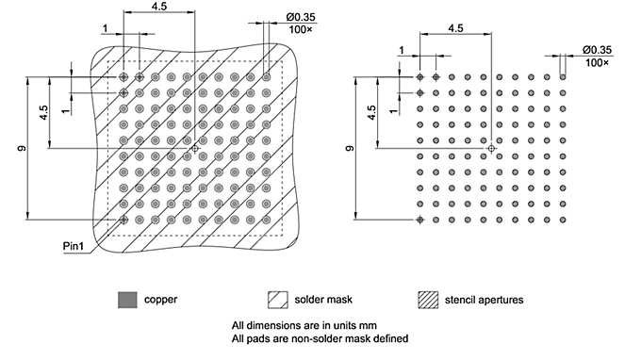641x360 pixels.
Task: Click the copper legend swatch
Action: [125, 300]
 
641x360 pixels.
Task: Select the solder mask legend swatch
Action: [276, 300]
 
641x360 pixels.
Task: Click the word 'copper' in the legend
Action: [158, 300]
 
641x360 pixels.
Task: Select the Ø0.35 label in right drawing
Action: [597, 49]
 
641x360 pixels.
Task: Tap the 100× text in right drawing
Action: [597, 62]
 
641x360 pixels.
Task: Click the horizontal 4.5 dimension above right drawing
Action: [454, 28]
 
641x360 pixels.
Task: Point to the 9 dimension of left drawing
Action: [21, 148]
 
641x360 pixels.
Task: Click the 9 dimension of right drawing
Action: [349, 149]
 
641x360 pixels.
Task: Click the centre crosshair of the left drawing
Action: [195, 148]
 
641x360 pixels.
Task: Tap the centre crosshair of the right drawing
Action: [491, 148]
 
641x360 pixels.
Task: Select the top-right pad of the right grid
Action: [563, 77]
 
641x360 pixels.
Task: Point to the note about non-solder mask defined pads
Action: [320, 338]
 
